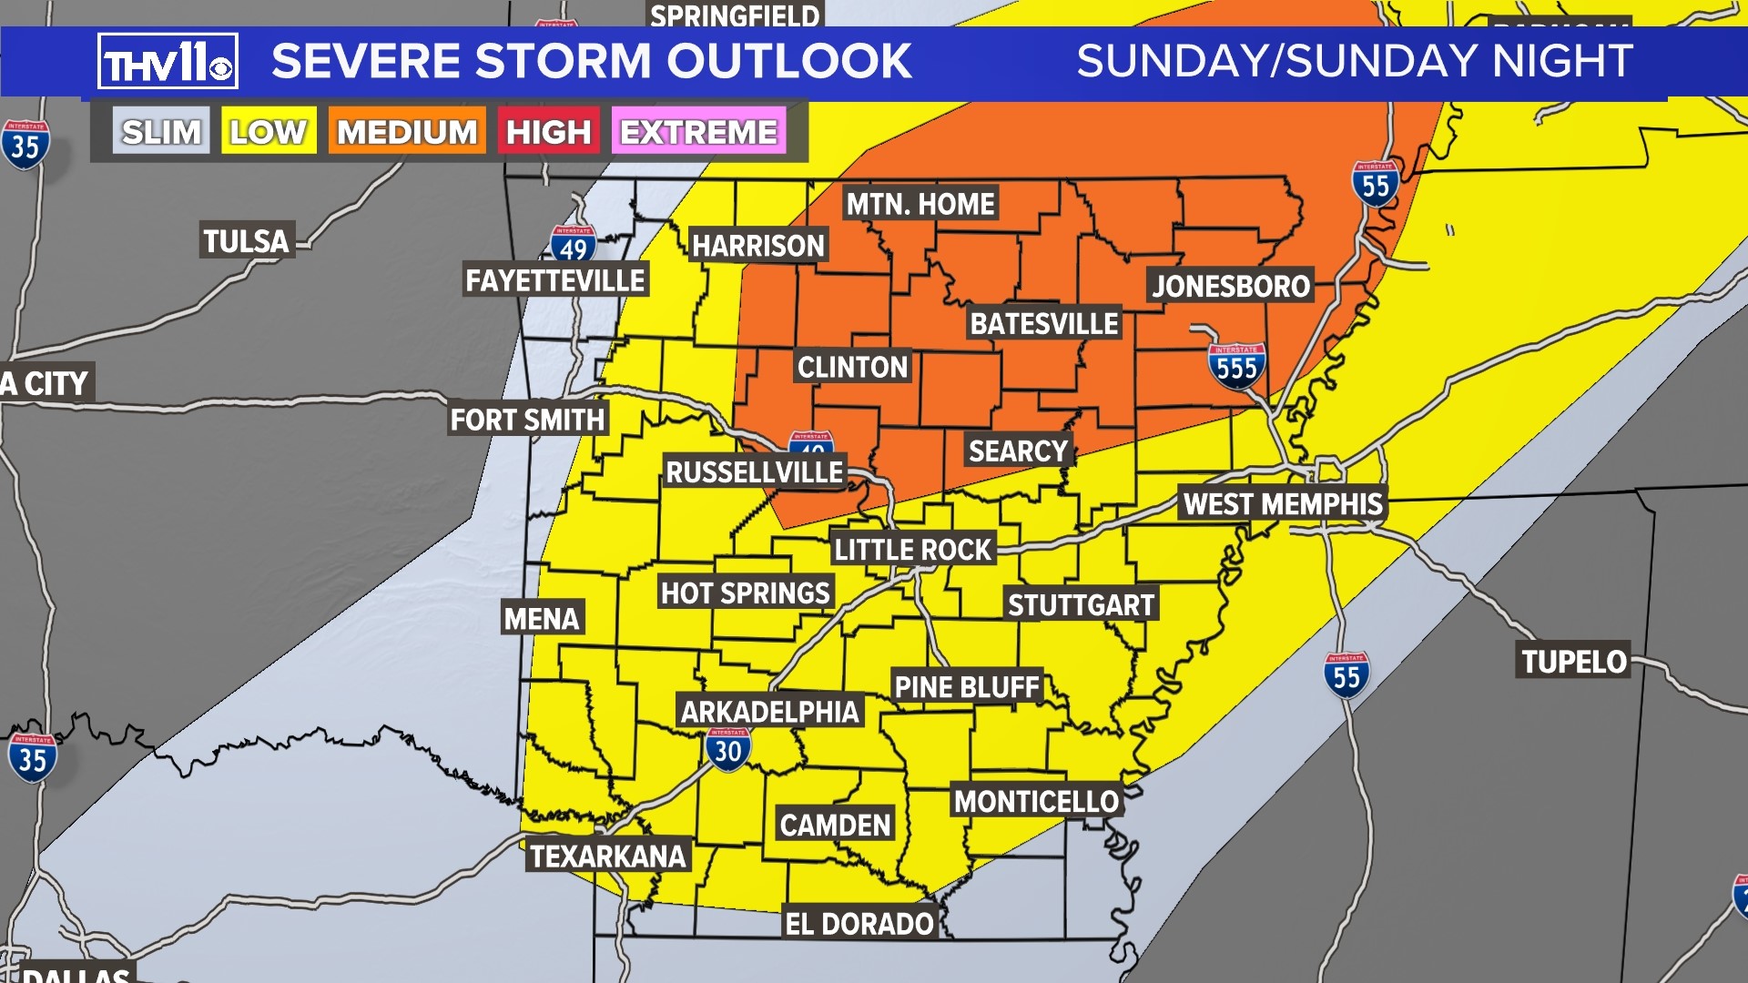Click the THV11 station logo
click(x=168, y=62)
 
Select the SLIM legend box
click(x=161, y=132)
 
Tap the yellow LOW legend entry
click(x=269, y=132)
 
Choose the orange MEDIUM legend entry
click(x=407, y=132)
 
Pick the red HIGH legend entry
click(x=549, y=132)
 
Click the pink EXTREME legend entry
click(x=698, y=132)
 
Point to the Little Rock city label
click(x=912, y=550)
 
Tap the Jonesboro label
click(x=1231, y=287)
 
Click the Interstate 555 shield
click(x=1236, y=366)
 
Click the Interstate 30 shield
click(x=728, y=750)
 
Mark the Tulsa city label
click(x=246, y=241)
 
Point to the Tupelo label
click(x=1573, y=662)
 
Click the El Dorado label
click(x=859, y=924)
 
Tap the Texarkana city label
click(x=607, y=856)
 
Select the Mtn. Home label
click(x=920, y=204)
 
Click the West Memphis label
click(x=1283, y=503)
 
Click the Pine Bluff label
click(x=967, y=687)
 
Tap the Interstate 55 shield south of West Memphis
click(x=1347, y=675)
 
